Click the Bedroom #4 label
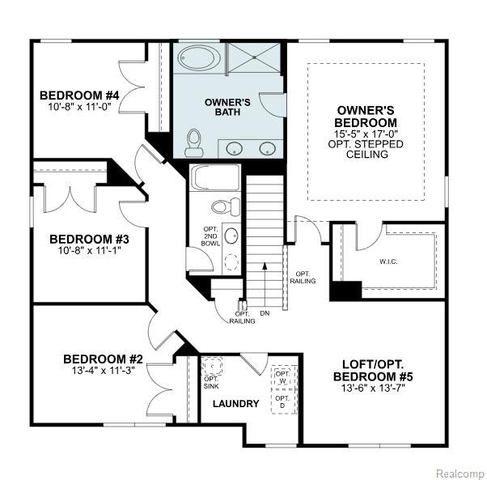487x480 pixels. [x=79, y=95]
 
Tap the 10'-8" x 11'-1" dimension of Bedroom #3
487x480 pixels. [x=89, y=250]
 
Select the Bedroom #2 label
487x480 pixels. [x=103, y=359]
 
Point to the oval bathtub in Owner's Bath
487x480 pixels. [x=199, y=57]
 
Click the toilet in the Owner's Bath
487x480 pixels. [x=194, y=143]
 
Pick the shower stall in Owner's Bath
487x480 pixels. [x=254, y=58]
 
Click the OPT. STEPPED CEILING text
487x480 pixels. [x=366, y=149]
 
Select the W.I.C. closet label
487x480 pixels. [x=388, y=261]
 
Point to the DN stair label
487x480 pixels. [x=265, y=313]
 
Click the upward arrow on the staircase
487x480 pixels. [x=265, y=285]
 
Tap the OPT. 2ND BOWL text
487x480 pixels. [x=210, y=236]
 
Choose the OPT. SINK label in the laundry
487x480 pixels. [x=211, y=383]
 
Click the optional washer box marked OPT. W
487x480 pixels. [x=284, y=377]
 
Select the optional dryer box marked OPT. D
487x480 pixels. [x=284, y=401]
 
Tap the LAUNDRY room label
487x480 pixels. [x=235, y=404]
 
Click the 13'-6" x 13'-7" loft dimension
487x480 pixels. [x=373, y=388]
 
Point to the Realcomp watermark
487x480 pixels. [x=460, y=474]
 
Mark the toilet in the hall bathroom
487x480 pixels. [x=226, y=206]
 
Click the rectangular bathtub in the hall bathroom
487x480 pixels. [x=215, y=177]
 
